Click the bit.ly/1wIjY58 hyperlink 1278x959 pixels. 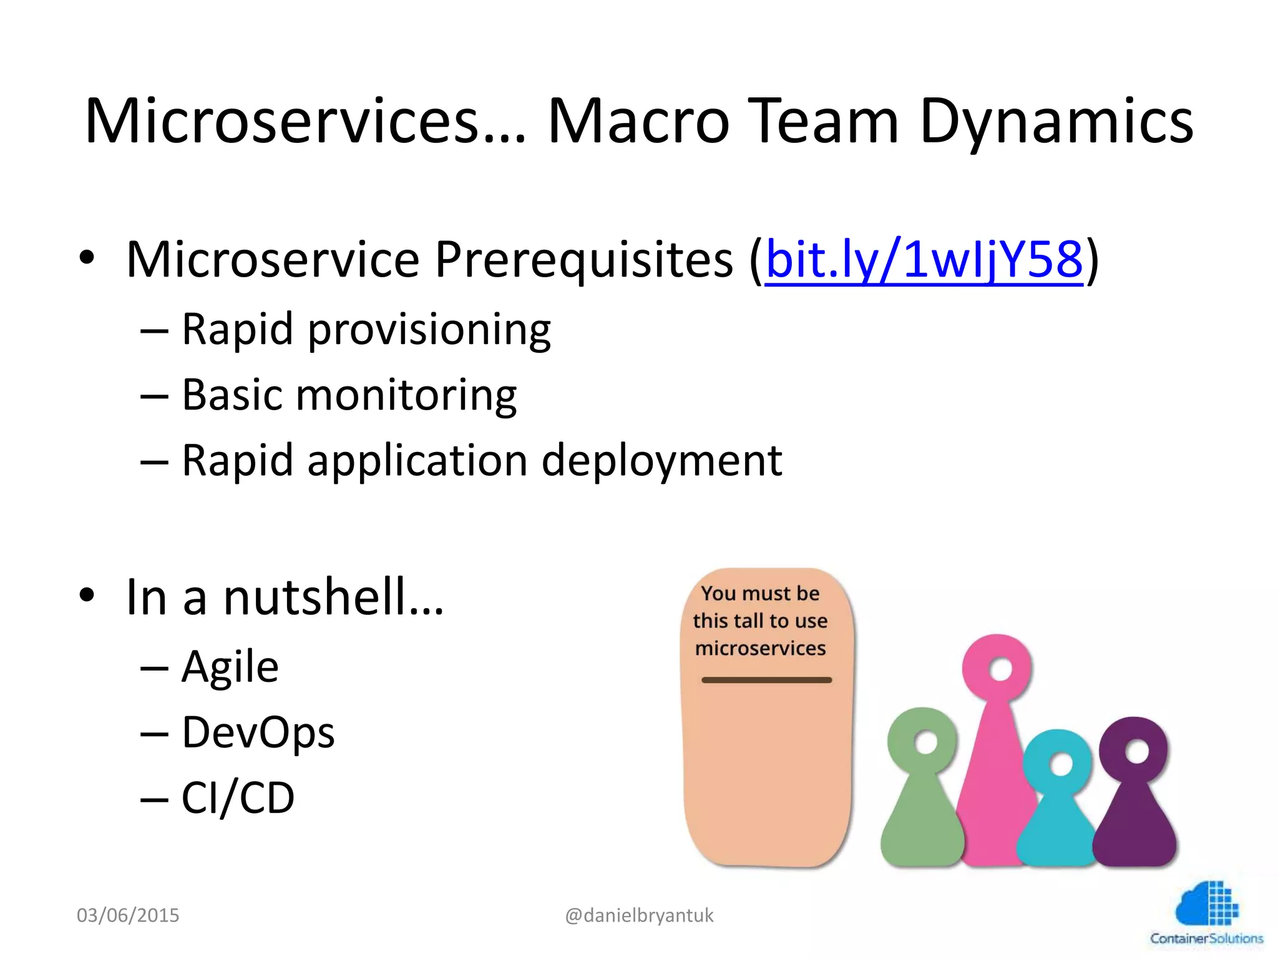[x=924, y=260]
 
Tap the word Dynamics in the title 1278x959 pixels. [x=1056, y=122]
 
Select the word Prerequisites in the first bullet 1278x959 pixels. [x=583, y=260]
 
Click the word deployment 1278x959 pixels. [x=661, y=461]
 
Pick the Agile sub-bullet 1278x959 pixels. [x=230, y=667]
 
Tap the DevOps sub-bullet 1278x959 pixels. [x=258, y=732]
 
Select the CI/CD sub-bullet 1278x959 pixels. [x=238, y=798]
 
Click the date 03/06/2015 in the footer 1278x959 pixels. [x=128, y=915]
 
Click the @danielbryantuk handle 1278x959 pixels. [x=639, y=915]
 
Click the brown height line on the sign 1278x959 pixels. [x=766, y=680]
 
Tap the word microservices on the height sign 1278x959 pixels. [x=760, y=649]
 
